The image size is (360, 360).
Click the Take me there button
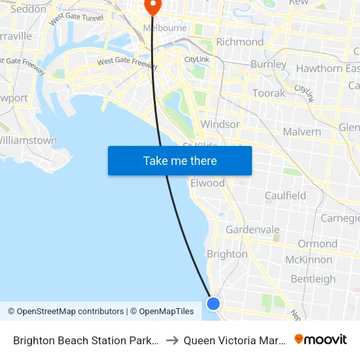coord(180,160)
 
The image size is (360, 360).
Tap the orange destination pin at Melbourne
coord(153,7)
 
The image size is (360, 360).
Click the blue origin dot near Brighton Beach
coord(213,303)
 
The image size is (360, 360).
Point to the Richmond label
coord(240,42)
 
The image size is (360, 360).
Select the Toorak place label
coord(268,93)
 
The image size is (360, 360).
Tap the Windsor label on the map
coord(220,124)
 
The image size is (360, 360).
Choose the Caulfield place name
coord(285,196)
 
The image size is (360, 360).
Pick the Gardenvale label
coord(252,230)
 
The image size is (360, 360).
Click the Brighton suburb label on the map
coord(226,254)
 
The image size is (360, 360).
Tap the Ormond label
coord(317,243)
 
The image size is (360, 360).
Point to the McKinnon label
coord(308,260)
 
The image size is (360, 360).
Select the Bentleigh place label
coord(313,279)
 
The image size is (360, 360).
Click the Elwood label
coord(207,183)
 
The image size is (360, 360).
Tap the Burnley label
coord(268,64)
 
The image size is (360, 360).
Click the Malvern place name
coord(302,132)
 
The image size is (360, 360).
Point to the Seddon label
coord(29,9)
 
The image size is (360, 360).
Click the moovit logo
coord(321,340)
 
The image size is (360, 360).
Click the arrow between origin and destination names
coord(172,340)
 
